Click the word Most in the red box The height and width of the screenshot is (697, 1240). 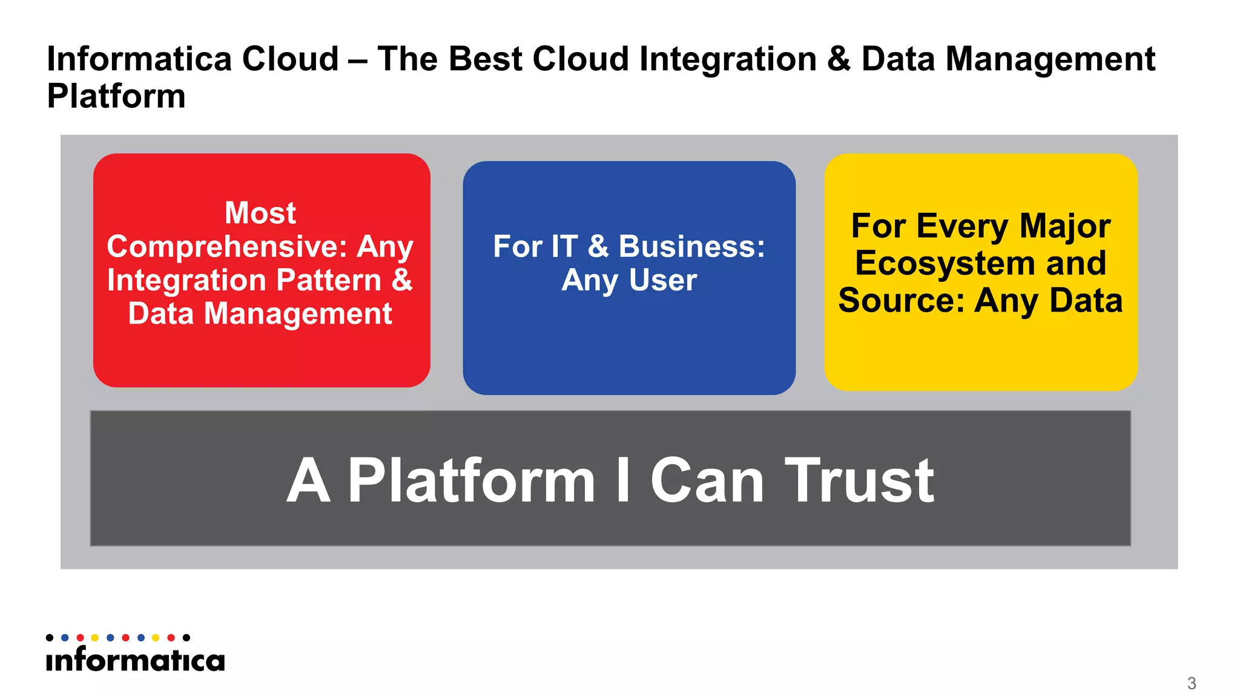(260, 213)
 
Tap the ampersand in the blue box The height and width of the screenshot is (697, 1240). (598, 247)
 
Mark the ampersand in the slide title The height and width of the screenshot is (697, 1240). (839, 59)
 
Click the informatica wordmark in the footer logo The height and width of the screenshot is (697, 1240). (135, 660)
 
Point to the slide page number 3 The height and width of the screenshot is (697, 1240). (1192, 683)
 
